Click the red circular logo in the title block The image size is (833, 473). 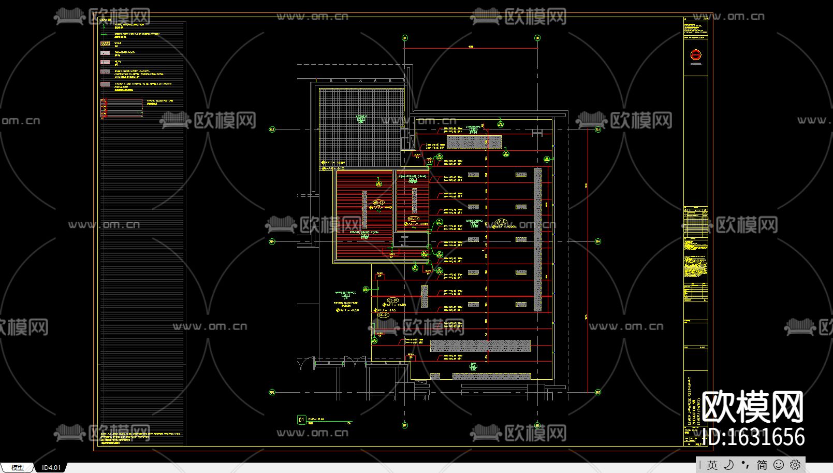[x=695, y=54]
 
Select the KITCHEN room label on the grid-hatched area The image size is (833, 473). [x=361, y=118]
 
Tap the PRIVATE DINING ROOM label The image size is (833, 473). [x=364, y=233]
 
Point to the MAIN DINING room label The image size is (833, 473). [x=474, y=221]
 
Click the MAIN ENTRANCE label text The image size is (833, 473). [x=345, y=293]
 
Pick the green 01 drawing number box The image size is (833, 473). [x=301, y=420]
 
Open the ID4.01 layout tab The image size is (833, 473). [x=51, y=467]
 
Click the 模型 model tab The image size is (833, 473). [x=18, y=467]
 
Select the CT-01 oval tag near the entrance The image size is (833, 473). [x=392, y=300]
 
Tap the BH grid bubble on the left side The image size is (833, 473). [x=272, y=241]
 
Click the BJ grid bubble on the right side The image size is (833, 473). [x=598, y=130]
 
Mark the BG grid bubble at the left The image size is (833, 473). [x=272, y=392]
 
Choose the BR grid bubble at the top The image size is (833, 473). [x=537, y=38]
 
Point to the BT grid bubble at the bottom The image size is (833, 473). [x=405, y=425]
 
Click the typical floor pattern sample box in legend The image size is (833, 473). [x=122, y=108]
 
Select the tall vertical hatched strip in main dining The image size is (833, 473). [x=537, y=239]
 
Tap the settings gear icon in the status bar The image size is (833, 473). [x=795, y=465]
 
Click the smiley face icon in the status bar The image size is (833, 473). [x=778, y=465]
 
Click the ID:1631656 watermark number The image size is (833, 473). [x=756, y=437]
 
